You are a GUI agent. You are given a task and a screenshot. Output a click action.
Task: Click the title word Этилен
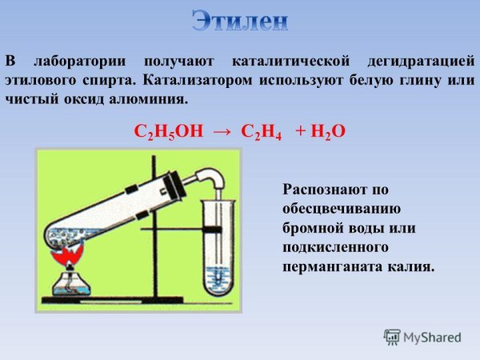click(239, 22)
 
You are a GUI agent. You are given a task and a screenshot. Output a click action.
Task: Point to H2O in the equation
click(327, 132)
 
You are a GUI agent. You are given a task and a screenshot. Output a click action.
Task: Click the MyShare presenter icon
click(392, 337)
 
